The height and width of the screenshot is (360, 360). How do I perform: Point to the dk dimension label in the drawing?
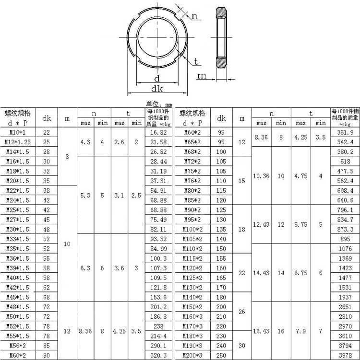coord(156,89)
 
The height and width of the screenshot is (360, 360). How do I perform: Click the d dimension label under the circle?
coord(156,79)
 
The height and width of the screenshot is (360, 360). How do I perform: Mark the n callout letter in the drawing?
coord(195,16)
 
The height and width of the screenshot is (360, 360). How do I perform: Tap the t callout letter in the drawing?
coord(197,61)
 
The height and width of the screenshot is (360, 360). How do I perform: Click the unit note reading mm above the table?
coord(159,104)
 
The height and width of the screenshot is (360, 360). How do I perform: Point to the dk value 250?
coord(221,355)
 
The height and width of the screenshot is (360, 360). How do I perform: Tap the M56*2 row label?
coord(18,346)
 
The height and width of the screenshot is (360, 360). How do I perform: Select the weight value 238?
coord(158,326)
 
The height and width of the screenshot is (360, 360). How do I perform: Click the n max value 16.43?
coord(262,331)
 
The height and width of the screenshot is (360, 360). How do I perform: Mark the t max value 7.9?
coord(301,331)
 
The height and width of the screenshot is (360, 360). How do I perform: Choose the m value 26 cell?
coord(241,312)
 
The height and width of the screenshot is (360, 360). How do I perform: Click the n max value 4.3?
coord(85,142)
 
